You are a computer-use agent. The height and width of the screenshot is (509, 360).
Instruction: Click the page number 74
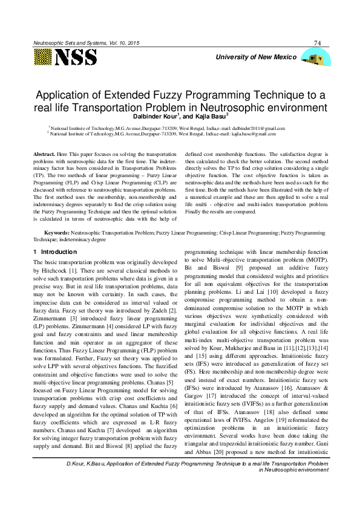(318, 42)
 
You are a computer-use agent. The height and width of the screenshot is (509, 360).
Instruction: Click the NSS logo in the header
(66, 57)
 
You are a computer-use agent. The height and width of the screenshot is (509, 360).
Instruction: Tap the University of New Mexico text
(260, 57)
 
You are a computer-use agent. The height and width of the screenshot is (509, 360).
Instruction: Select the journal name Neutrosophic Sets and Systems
(70, 43)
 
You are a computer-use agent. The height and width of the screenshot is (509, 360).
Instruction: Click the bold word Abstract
(44, 155)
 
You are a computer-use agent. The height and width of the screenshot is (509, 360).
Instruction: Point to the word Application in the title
(68, 96)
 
